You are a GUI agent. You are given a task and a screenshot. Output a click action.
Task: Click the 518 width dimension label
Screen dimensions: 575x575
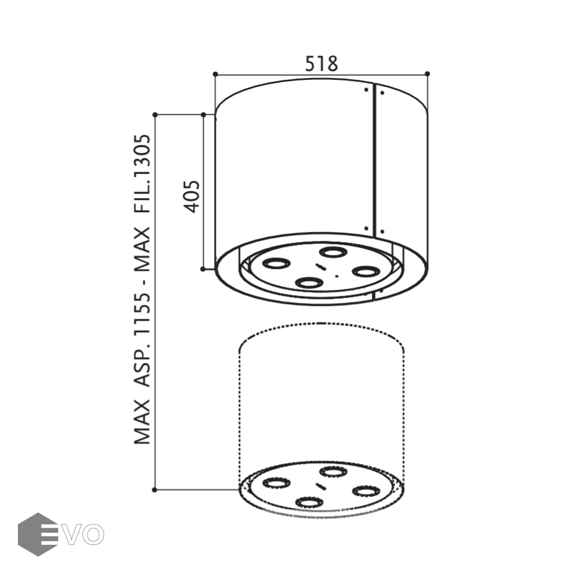pyautogui.click(x=321, y=63)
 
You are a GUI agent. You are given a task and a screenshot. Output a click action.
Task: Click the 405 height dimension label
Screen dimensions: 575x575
pyautogui.click(x=192, y=197)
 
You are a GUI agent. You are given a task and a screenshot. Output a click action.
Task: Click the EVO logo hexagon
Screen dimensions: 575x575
pyautogui.click(x=38, y=534)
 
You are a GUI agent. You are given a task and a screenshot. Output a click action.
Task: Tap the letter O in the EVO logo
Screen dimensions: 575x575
pyautogui.click(x=93, y=534)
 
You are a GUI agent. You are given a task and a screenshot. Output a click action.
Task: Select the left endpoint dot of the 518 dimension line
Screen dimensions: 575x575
pyautogui.click(x=215, y=74)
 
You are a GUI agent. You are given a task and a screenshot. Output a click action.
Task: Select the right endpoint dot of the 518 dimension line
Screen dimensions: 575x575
pyautogui.click(x=427, y=74)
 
